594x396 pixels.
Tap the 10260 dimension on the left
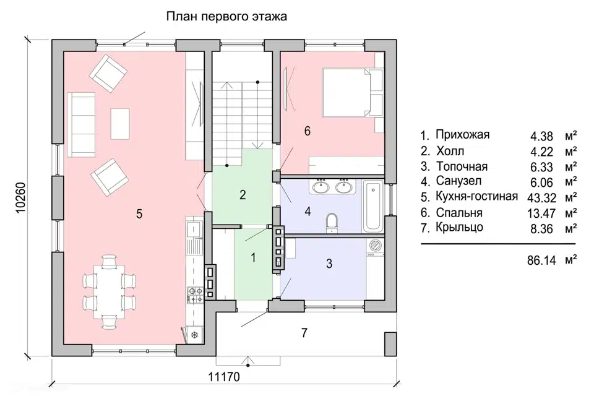(20, 198)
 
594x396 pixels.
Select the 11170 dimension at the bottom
(224, 377)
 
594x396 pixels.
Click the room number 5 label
(139, 213)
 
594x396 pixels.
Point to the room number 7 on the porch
(304, 333)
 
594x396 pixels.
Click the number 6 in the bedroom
(307, 131)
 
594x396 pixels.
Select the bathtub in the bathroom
(373, 206)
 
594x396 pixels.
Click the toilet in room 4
(332, 223)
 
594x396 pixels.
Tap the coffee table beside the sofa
(120, 124)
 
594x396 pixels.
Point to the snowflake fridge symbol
(194, 335)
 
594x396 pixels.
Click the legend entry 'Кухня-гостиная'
(476, 197)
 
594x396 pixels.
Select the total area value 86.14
(538, 260)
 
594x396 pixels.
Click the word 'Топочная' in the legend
(462, 166)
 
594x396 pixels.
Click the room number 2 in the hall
(243, 195)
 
